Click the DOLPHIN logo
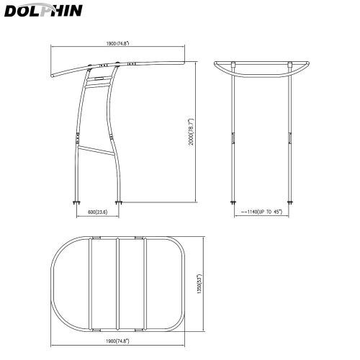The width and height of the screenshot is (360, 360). coord(43,10)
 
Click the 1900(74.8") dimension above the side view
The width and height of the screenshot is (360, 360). coord(117,43)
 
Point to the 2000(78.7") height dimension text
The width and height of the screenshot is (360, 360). coord(191,132)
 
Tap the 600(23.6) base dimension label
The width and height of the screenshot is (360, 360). coord(98,212)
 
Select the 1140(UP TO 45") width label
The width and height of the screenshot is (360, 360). coord(262,212)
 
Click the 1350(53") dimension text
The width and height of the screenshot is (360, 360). coord(199,284)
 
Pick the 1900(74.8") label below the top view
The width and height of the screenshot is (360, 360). coord(117,341)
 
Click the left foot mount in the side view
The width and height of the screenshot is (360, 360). coord(76,203)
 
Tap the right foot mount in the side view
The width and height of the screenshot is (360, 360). coord(119,203)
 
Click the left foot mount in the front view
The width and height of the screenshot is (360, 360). coord(233,202)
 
